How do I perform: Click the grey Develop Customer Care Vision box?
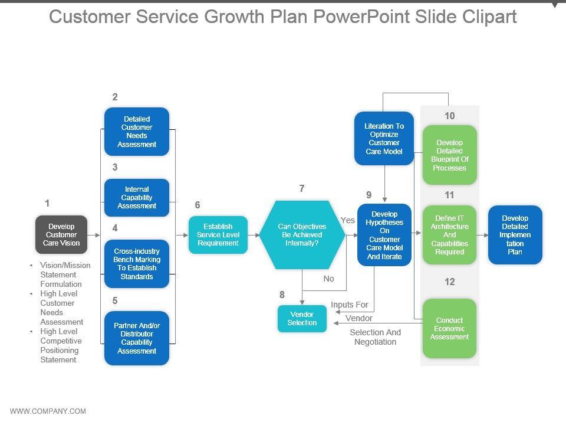pyautogui.click(x=61, y=235)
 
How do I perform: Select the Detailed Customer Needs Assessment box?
pyautogui.click(x=137, y=132)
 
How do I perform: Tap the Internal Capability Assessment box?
pyautogui.click(x=137, y=198)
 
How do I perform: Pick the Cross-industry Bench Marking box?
pyautogui.click(x=137, y=264)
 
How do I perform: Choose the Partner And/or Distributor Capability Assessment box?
pyautogui.click(x=137, y=338)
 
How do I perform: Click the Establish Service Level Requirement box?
pyautogui.click(x=218, y=235)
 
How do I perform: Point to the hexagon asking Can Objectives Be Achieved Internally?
pyautogui.click(x=302, y=235)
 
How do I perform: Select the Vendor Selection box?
pyautogui.click(x=302, y=319)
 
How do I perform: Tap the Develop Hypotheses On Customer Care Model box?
pyautogui.click(x=384, y=235)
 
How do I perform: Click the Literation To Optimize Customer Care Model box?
pyautogui.click(x=384, y=139)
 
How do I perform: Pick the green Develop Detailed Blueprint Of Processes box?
pyautogui.click(x=449, y=155)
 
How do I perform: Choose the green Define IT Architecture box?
pyautogui.click(x=449, y=235)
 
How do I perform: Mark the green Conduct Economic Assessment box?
pyautogui.click(x=449, y=329)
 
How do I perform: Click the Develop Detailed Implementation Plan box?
pyautogui.click(x=515, y=235)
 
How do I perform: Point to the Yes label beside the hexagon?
pyautogui.click(x=348, y=220)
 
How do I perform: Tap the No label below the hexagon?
pyautogui.click(x=328, y=279)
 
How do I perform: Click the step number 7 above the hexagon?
pyautogui.click(x=302, y=189)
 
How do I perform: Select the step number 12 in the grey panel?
pyautogui.click(x=449, y=282)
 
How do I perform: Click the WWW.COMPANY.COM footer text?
pyautogui.click(x=48, y=411)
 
